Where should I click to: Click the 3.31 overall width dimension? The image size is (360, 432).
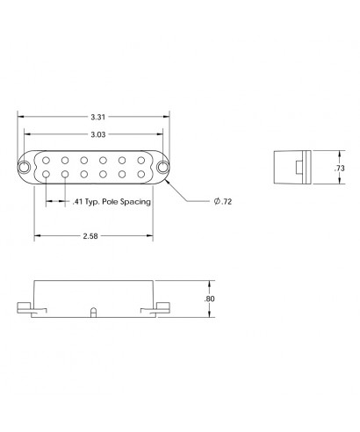click(x=98, y=117)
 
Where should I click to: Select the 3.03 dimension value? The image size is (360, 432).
click(x=98, y=134)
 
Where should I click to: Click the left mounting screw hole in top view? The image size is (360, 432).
click(x=28, y=166)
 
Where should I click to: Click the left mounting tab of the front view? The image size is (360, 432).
click(x=26, y=306)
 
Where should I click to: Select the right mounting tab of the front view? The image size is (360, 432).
click(x=164, y=306)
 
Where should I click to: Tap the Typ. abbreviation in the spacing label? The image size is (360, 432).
click(x=91, y=202)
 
